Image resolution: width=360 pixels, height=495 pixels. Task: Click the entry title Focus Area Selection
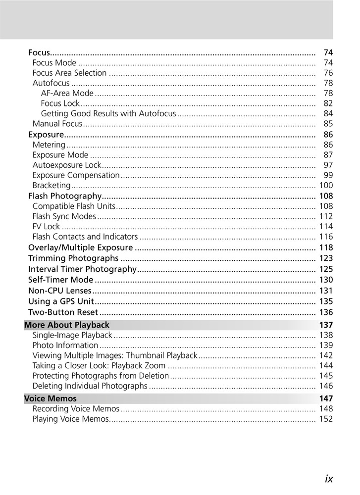(69, 73)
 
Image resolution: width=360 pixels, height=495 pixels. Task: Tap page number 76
(328, 73)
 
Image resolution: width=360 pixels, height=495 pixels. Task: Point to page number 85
(328, 124)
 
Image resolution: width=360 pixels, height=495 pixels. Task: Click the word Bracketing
(51, 185)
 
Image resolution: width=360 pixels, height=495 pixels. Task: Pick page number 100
(326, 185)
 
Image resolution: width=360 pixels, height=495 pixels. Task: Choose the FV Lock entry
(46, 227)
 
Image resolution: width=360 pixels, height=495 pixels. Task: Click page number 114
(326, 227)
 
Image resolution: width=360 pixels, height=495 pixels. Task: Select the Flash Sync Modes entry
(64, 216)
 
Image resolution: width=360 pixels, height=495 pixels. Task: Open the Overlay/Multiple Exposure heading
(80, 247)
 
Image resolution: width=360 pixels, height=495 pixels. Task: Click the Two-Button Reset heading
(63, 312)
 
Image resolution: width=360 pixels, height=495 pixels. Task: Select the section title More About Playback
(67, 325)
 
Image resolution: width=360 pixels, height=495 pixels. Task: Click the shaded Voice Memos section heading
(51, 398)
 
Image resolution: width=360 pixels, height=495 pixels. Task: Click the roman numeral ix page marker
(329, 479)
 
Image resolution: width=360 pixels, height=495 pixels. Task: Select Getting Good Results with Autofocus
(108, 114)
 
